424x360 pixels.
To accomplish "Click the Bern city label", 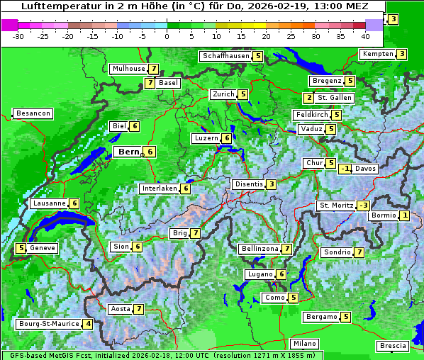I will pos(129,152).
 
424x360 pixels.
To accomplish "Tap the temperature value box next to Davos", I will pos(345,169).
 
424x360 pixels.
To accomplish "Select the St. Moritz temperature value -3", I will pos(363,206).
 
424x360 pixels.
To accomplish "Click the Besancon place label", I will pos(33,113).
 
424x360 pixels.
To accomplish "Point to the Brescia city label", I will pos(393,346).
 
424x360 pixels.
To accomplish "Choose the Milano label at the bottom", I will pos(305,343).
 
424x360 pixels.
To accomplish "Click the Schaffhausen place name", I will pos(225,56).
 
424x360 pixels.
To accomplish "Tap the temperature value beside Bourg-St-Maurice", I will pos(87,324).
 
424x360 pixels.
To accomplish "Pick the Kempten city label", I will pos(376,54).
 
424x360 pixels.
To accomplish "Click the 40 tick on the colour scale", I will pos(365,36).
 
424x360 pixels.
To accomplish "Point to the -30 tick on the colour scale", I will pos(18,36).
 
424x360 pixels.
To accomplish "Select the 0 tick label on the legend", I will pos(167,36).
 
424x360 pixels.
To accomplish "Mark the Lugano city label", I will pos(258,274).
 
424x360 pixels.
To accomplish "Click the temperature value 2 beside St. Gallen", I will pos(308,98).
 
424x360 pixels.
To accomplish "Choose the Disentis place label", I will pos(248,184).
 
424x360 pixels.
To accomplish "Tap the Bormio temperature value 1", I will pos(404,215).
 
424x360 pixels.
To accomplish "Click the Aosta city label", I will pos(121,309).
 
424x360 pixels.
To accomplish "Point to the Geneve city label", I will pos(43,248).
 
